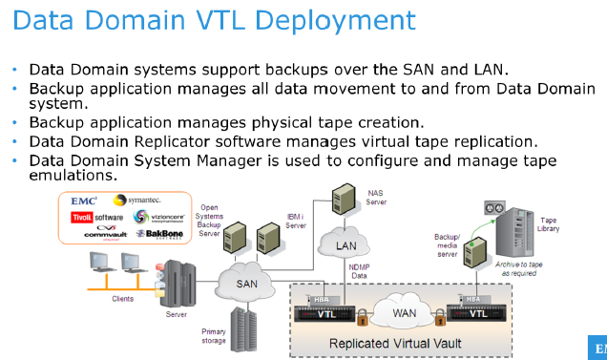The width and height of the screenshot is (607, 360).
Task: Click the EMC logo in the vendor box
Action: coord(84,201)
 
